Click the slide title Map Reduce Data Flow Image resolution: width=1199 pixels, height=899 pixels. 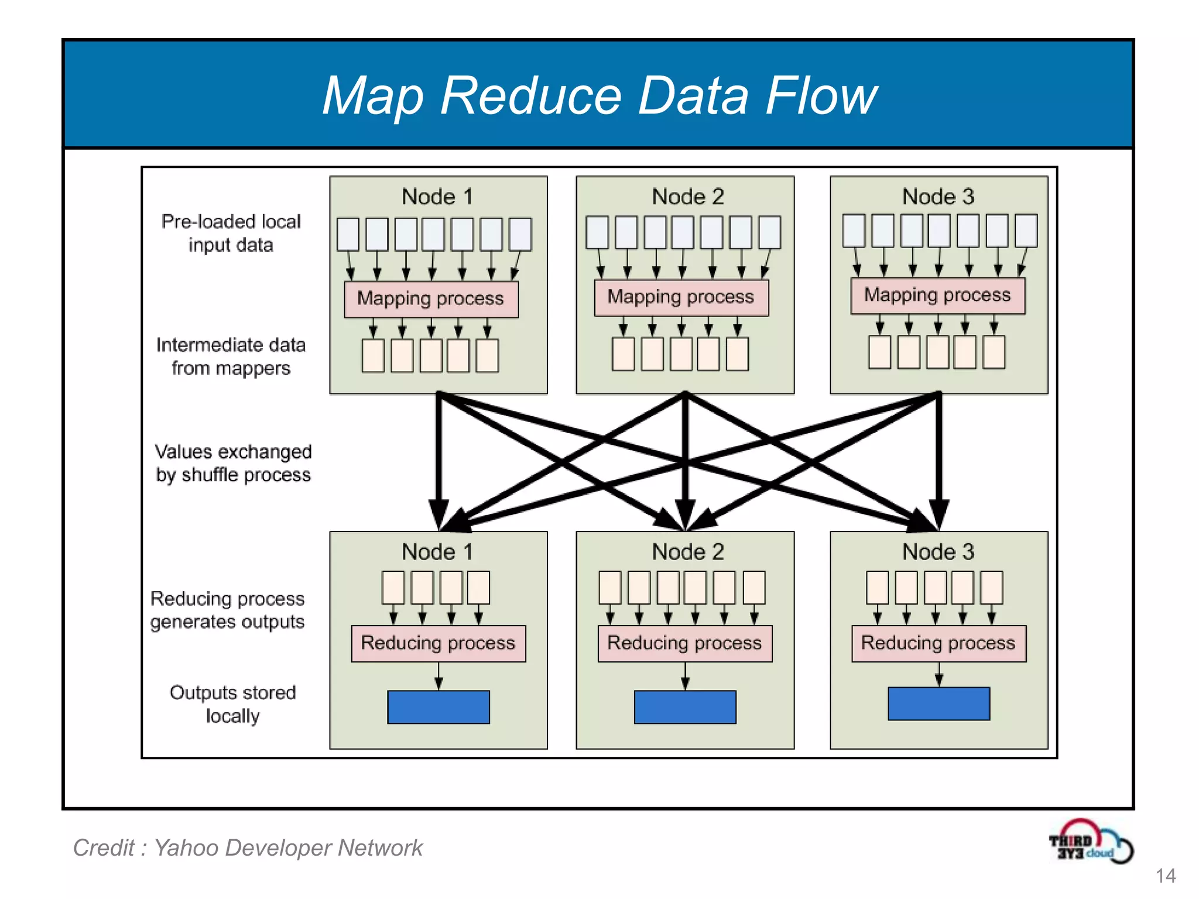point(599,95)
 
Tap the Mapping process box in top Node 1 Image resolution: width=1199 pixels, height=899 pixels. point(431,299)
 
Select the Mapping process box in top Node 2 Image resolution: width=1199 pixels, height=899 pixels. point(681,297)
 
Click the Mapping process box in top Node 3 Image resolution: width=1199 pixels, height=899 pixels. point(937,296)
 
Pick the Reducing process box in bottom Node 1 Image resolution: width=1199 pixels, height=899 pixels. point(438,643)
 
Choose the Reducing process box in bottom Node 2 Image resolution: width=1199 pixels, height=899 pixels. point(684,643)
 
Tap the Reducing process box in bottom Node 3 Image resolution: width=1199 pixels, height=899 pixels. point(938,643)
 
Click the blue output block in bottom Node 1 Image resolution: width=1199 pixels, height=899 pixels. point(438,707)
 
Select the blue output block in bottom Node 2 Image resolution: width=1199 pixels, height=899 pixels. point(685,707)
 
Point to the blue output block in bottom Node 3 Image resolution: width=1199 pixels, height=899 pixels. point(938,704)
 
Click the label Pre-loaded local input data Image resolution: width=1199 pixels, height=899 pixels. point(231,233)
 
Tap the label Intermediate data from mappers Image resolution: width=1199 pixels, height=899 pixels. point(231,356)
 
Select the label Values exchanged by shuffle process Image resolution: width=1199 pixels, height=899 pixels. point(233,463)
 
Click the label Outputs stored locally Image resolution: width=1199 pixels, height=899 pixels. point(232,704)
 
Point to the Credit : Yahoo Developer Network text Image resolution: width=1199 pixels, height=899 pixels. point(248,848)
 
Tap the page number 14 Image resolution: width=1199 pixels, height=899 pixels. point(1165,876)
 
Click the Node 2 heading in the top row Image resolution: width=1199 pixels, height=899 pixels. point(688,197)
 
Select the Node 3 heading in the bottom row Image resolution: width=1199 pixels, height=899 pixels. point(938,552)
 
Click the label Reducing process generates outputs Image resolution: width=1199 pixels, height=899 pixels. point(228,610)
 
